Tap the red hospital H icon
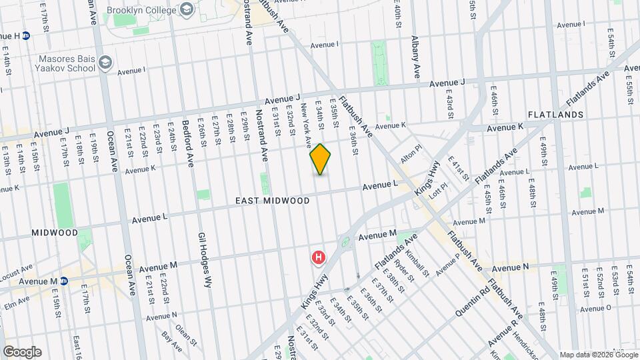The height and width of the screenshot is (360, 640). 319,257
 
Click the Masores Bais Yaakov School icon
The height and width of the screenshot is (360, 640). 105,63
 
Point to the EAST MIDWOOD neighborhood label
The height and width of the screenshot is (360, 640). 272,201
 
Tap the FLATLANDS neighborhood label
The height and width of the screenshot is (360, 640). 556,115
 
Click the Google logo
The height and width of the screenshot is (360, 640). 22,352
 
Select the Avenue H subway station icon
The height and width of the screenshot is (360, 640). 26,35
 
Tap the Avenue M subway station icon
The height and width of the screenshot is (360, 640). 64,281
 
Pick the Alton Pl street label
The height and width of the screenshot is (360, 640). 411,156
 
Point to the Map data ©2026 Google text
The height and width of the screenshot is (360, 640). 599,355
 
